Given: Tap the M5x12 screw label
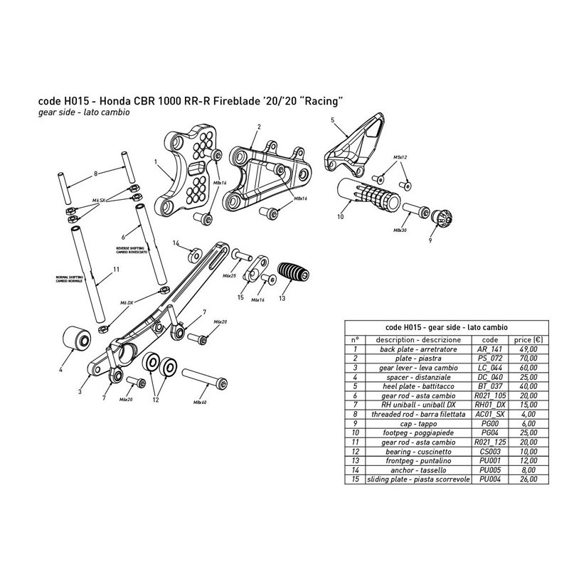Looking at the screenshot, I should click(x=399, y=156).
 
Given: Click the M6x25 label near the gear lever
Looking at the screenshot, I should click(x=230, y=275).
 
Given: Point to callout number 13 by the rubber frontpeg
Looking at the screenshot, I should click(x=281, y=297).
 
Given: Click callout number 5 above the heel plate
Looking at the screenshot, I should click(x=333, y=122).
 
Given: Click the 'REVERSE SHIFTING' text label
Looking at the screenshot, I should click(x=132, y=250).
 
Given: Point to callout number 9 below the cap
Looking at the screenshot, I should click(x=429, y=241).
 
